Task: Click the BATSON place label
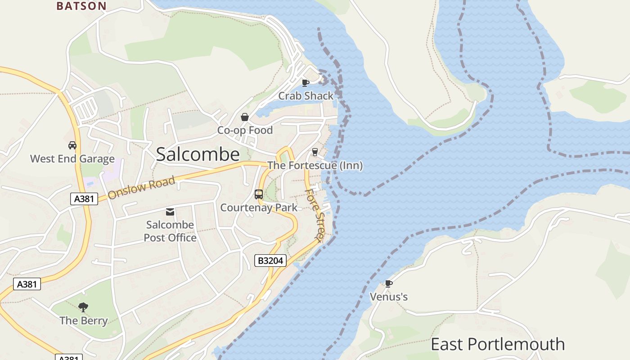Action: point(81,6)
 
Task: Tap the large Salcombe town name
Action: point(198,154)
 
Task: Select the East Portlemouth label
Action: point(497,344)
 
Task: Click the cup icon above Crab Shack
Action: point(306,83)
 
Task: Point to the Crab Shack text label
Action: point(306,96)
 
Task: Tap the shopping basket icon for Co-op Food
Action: point(245,117)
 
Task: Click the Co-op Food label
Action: point(245,130)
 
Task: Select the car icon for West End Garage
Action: point(72,145)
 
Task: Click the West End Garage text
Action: point(72,159)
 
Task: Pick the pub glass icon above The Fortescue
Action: point(315,152)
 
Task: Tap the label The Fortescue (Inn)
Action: point(315,166)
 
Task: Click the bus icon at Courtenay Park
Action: point(259,194)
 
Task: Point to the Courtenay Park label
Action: point(259,207)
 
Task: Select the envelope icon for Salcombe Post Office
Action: point(170,212)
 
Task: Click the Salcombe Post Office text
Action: point(170,231)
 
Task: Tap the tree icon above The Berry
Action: point(83,307)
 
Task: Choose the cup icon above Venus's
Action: point(388,283)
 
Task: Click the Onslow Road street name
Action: point(141,188)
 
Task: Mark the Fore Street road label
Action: point(314,215)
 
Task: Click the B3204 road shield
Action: point(270,261)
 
